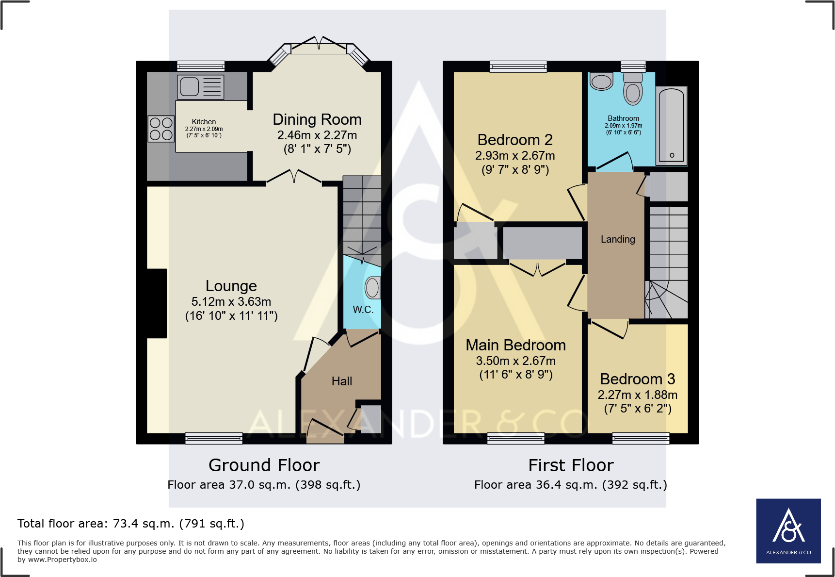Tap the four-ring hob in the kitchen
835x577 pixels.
point(161,129)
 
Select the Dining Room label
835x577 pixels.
point(317,119)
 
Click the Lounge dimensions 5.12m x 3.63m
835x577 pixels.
point(231,301)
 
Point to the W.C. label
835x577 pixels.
point(363,310)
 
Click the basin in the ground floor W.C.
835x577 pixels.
point(372,288)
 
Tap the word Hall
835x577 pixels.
point(341,381)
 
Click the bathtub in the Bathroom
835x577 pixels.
point(672,125)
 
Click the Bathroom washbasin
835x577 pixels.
point(602,82)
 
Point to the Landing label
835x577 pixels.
point(617,239)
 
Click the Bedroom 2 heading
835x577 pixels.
point(515,140)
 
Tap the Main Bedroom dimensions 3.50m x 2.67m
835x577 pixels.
point(515,361)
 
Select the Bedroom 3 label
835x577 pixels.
point(637,379)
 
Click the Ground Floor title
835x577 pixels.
point(264,465)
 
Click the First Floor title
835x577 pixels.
point(571,465)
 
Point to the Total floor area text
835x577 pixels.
point(131,524)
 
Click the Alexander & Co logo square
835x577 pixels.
point(788,531)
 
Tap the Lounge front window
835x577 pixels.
point(214,438)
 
